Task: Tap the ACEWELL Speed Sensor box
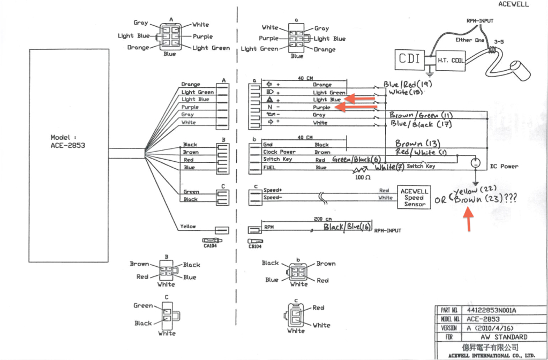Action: (415, 198)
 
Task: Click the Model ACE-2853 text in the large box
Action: (67, 141)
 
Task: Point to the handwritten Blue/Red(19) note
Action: (408, 85)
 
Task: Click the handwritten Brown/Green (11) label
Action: (421, 115)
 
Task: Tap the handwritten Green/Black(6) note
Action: (351, 160)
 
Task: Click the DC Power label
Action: (504, 166)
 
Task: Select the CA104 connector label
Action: (210, 246)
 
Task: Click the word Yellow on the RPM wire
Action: (187, 227)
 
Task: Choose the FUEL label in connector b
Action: (269, 168)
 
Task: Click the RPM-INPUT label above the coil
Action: (480, 21)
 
